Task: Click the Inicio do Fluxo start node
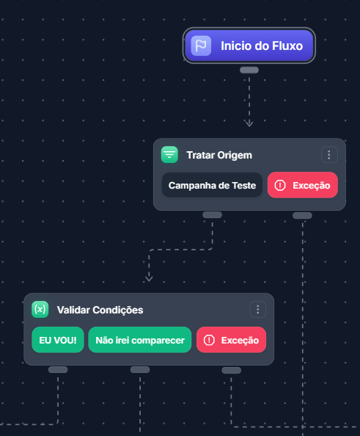coord(249,46)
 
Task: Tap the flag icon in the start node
coord(201,46)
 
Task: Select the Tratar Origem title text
coord(219,155)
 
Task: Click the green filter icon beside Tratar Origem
coord(169,155)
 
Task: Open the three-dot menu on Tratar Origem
coord(329,155)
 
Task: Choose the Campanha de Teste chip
coord(212,185)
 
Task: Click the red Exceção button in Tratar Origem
coord(303,185)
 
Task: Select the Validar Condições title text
coord(100,310)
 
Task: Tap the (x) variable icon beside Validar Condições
coord(40,309)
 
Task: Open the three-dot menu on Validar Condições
coord(258,309)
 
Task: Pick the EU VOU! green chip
coord(58,340)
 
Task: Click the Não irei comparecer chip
coord(140,340)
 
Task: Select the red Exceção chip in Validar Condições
coord(231,340)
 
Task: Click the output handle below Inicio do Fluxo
coord(249,70)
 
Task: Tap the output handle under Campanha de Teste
coord(212,214)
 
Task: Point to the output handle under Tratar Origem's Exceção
coord(302,215)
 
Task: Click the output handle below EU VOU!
coord(58,369)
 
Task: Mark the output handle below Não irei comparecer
coord(140,369)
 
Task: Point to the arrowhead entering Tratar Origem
coord(249,123)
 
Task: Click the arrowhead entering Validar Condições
coord(149,278)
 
